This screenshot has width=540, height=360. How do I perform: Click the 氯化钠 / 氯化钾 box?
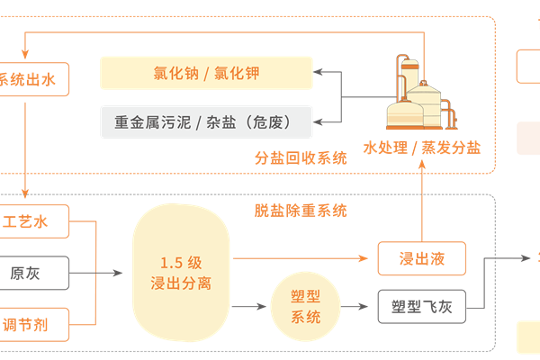point(206,73)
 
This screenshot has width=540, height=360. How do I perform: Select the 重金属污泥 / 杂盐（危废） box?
point(206,121)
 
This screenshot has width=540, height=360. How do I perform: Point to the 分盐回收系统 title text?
point(301,157)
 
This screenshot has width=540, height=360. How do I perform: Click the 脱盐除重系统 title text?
point(301,211)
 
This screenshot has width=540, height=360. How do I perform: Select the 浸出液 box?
point(422,259)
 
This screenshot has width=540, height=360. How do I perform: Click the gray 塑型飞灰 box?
point(421,308)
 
